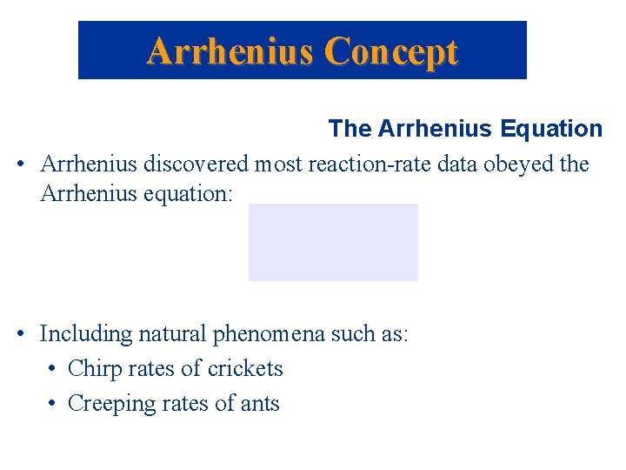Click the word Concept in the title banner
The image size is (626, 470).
coord(390,51)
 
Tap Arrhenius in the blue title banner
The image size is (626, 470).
coord(230,51)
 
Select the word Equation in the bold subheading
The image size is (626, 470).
coord(551,129)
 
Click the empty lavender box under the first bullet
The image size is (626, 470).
coord(333,242)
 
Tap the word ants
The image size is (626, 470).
coord(258,404)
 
